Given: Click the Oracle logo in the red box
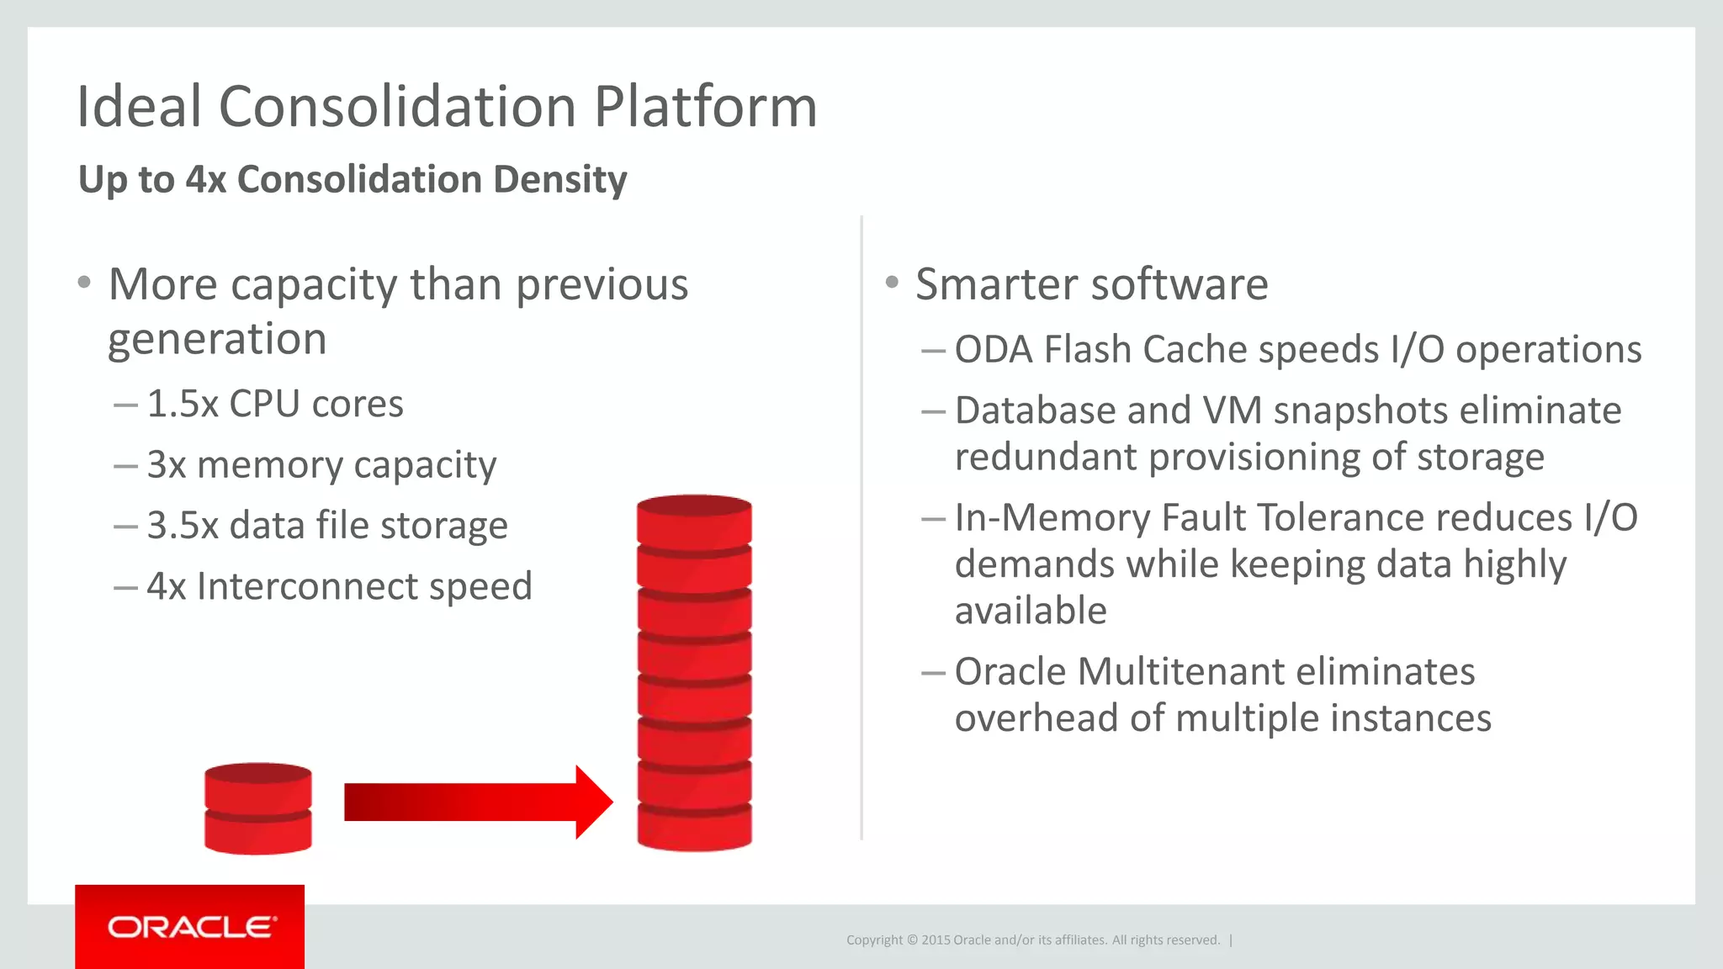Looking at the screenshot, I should pos(191,927).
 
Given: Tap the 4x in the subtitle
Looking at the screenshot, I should pos(206,179).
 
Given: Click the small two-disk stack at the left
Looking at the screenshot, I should pos(258,808).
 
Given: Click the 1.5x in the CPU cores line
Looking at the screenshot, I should pos(183,404).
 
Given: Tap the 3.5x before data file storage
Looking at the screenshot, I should pos(183,526).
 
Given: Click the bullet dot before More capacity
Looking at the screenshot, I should pos(83,282).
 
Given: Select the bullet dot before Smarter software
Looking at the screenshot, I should pos(892,282).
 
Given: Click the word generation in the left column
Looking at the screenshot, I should pos(217,340).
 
